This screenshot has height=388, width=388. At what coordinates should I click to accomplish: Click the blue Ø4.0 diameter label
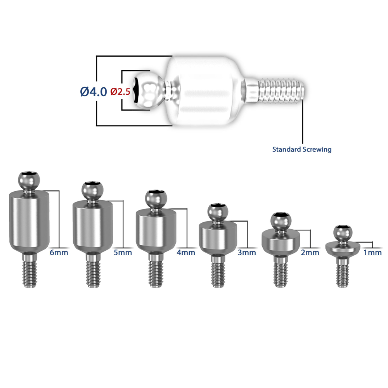tap(94, 92)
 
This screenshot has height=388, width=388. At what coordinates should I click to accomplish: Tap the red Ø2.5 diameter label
tap(120, 92)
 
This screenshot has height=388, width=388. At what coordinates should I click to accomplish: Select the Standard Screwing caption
tap(302, 149)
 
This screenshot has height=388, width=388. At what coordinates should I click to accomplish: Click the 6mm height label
tap(59, 253)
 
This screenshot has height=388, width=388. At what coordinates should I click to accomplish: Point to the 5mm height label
tap(123, 253)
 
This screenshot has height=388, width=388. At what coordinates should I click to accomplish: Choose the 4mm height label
tap(186, 253)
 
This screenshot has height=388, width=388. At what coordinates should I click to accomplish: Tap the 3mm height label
tap(247, 253)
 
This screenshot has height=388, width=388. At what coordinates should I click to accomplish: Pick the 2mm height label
tap(310, 253)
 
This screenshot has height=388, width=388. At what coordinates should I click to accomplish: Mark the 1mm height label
tap(372, 253)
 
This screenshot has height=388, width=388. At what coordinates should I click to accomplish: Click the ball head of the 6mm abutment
tap(29, 180)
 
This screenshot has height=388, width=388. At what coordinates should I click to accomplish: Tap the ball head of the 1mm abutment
tap(343, 234)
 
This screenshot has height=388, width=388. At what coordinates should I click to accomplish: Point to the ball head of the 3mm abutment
tap(218, 212)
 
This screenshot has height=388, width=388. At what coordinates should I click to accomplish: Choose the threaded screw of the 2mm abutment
tap(281, 272)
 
